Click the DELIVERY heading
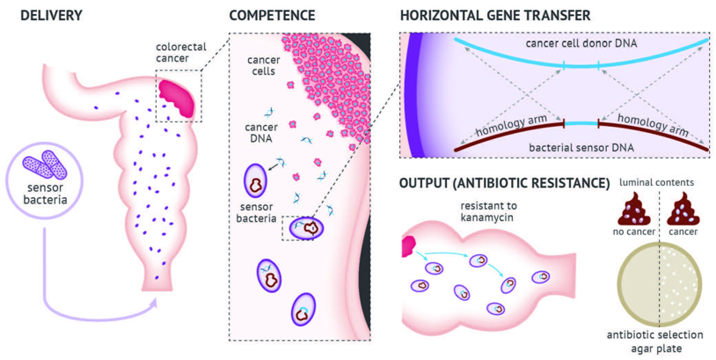pos(46,16)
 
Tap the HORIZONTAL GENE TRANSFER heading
pos(494,16)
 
